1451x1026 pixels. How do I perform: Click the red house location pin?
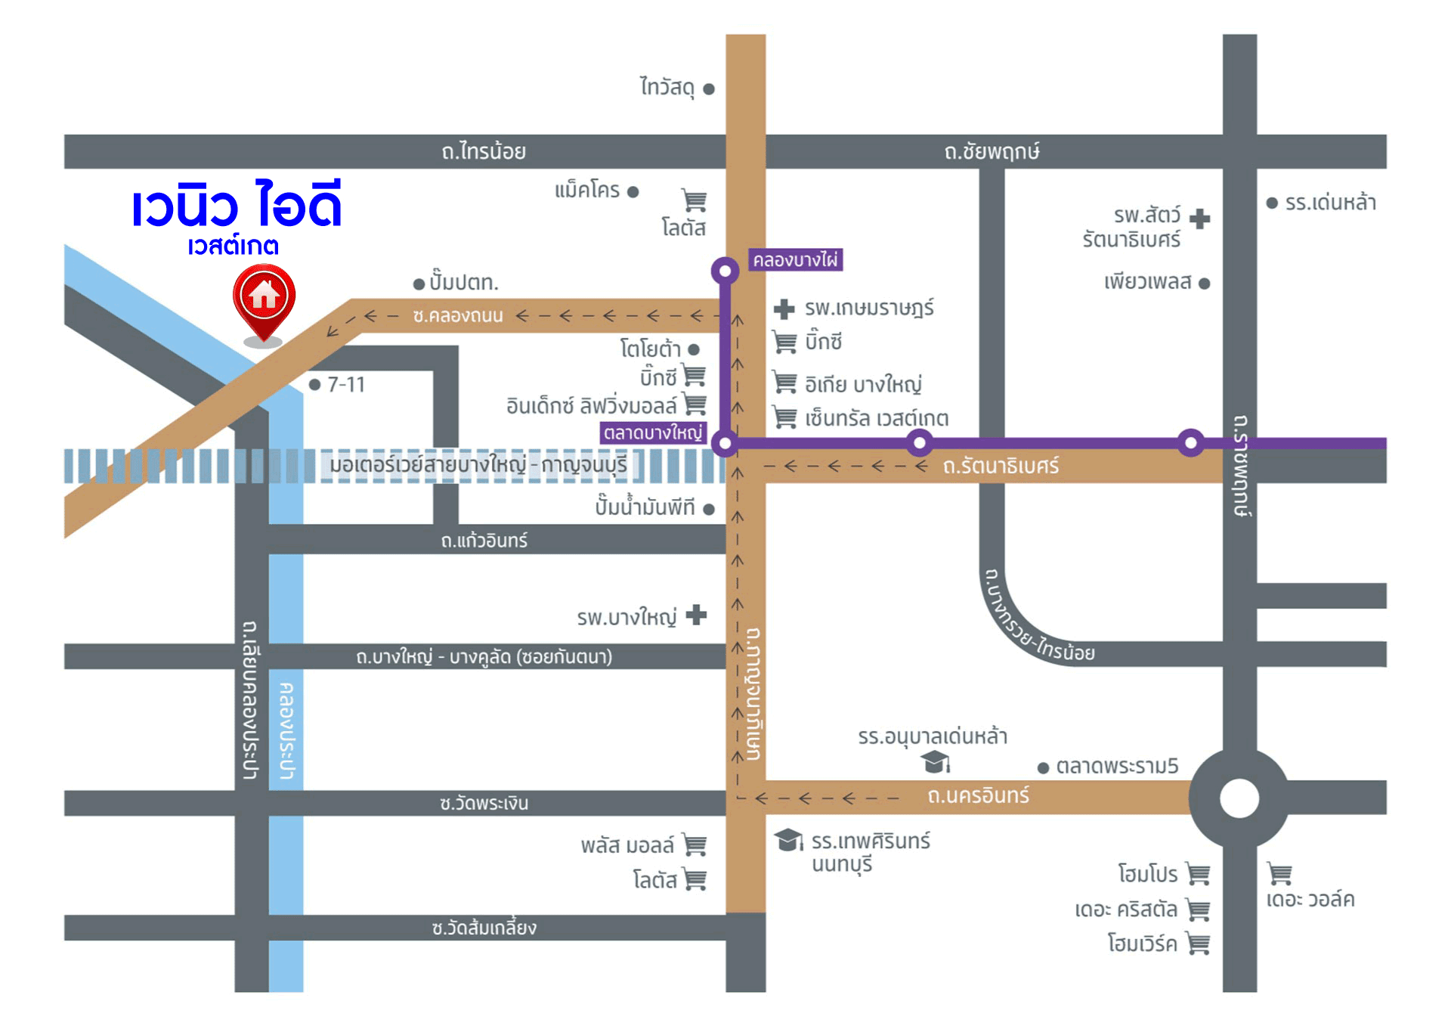pyautogui.click(x=264, y=299)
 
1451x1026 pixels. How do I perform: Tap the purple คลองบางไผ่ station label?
pyautogui.click(x=795, y=260)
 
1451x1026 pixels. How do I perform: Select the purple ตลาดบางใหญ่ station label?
pyautogui.click(x=653, y=432)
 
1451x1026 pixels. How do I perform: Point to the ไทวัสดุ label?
pyautogui.click(x=667, y=88)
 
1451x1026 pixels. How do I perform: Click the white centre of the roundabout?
pyautogui.click(x=1239, y=798)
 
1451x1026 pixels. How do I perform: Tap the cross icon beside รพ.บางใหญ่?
pyautogui.click(x=696, y=615)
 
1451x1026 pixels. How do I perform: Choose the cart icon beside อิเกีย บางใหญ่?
pyautogui.click(x=784, y=383)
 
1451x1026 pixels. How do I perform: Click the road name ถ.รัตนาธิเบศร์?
pyautogui.click(x=1001, y=466)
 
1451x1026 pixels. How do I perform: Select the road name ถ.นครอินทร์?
pyautogui.click(x=978, y=795)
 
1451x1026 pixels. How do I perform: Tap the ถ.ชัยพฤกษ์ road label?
pyautogui.click(x=992, y=151)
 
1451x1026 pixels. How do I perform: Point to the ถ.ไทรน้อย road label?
pyautogui.click(x=484, y=151)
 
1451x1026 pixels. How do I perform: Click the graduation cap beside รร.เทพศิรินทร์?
pyautogui.click(x=788, y=839)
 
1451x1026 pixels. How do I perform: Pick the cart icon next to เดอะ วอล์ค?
pyautogui.click(x=1279, y=873)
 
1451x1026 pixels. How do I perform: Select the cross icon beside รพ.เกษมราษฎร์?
pyautogui.click(x=784, y=308)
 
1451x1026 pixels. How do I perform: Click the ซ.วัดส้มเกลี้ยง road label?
pyautogui.click(x=484, y=928)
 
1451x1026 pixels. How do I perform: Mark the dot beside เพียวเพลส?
pyautogui.click(x=1205, y=284)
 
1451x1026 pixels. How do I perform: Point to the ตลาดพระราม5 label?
pyautogui.click(x=1117, y=766)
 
